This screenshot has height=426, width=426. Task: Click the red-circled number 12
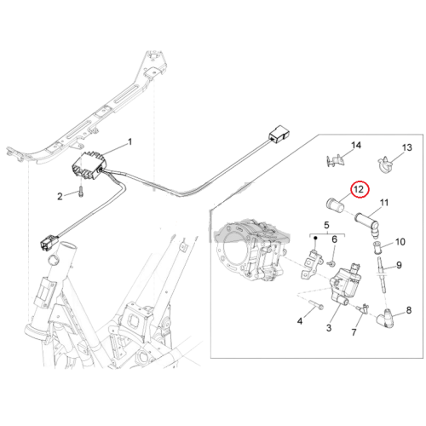(360, 189)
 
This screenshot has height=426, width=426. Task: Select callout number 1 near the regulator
(130, 141)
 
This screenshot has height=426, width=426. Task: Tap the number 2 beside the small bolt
(60, 196)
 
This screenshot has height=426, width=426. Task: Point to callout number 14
(356, 145)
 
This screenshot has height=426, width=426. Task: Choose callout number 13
(407, 147)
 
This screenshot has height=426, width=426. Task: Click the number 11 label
(384, 203)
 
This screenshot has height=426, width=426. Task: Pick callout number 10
(400, 242)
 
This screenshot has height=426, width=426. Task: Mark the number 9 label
(399, 265)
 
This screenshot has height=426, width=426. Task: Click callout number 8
(409, 310)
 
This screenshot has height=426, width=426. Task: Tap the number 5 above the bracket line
(326, 225)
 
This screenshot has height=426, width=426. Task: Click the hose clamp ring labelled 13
(386, 165)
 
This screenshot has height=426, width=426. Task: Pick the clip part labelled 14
(335, 161)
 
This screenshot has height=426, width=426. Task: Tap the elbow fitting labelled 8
(385, 316)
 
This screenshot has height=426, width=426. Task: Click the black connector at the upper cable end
(279, 133)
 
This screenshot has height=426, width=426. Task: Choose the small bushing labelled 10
(377, 246)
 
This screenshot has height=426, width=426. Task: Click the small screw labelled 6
(331, 264)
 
